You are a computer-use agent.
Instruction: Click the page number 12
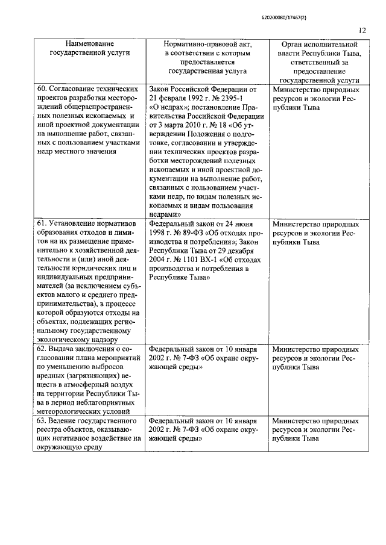pyautogui.click(x=362, y=30)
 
